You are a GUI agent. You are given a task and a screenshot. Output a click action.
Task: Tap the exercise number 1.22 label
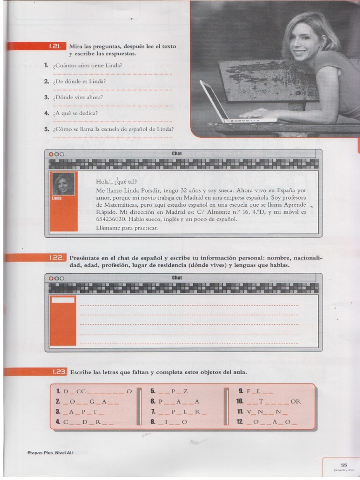pos(57,258)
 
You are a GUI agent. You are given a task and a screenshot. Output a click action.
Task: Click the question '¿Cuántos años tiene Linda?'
pos(87,65)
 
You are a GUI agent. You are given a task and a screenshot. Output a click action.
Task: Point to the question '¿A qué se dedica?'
pos(75,113)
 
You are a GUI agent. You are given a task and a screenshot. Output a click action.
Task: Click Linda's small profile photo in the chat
pos(63,184)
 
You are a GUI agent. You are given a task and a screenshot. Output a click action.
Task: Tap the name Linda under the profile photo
pos(57,198)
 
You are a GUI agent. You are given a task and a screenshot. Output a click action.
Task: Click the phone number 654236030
pos(111,219)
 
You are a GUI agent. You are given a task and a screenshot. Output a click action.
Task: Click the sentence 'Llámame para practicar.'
pos(127,228)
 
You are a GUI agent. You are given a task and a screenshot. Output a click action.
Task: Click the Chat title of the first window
pos(177,153)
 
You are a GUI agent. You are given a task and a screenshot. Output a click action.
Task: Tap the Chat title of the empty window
pos(177,277)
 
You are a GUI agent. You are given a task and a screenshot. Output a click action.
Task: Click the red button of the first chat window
pos(51,154)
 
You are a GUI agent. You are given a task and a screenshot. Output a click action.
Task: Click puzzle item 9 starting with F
pos(256,391)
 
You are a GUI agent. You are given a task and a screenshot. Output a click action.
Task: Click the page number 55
pos(344,465)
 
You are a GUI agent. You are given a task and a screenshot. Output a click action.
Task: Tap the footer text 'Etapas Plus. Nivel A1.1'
pos(50,453)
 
